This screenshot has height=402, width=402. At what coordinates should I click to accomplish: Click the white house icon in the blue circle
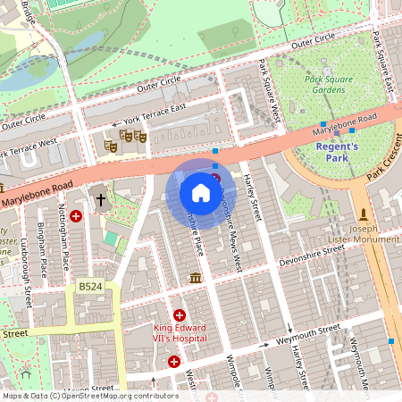pos(201,192)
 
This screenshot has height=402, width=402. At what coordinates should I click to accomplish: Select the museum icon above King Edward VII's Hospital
pos(195,281)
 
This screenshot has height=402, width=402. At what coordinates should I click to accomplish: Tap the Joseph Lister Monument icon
pos(364,214)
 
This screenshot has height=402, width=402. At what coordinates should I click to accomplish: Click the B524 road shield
pos(89,287)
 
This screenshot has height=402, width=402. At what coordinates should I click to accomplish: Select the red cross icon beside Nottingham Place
pos(76,216)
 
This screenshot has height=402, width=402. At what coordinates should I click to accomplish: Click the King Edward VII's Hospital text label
pos(180,333)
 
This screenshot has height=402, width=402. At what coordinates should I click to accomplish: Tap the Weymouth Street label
pos(309,333)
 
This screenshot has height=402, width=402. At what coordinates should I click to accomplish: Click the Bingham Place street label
pos(42,249)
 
